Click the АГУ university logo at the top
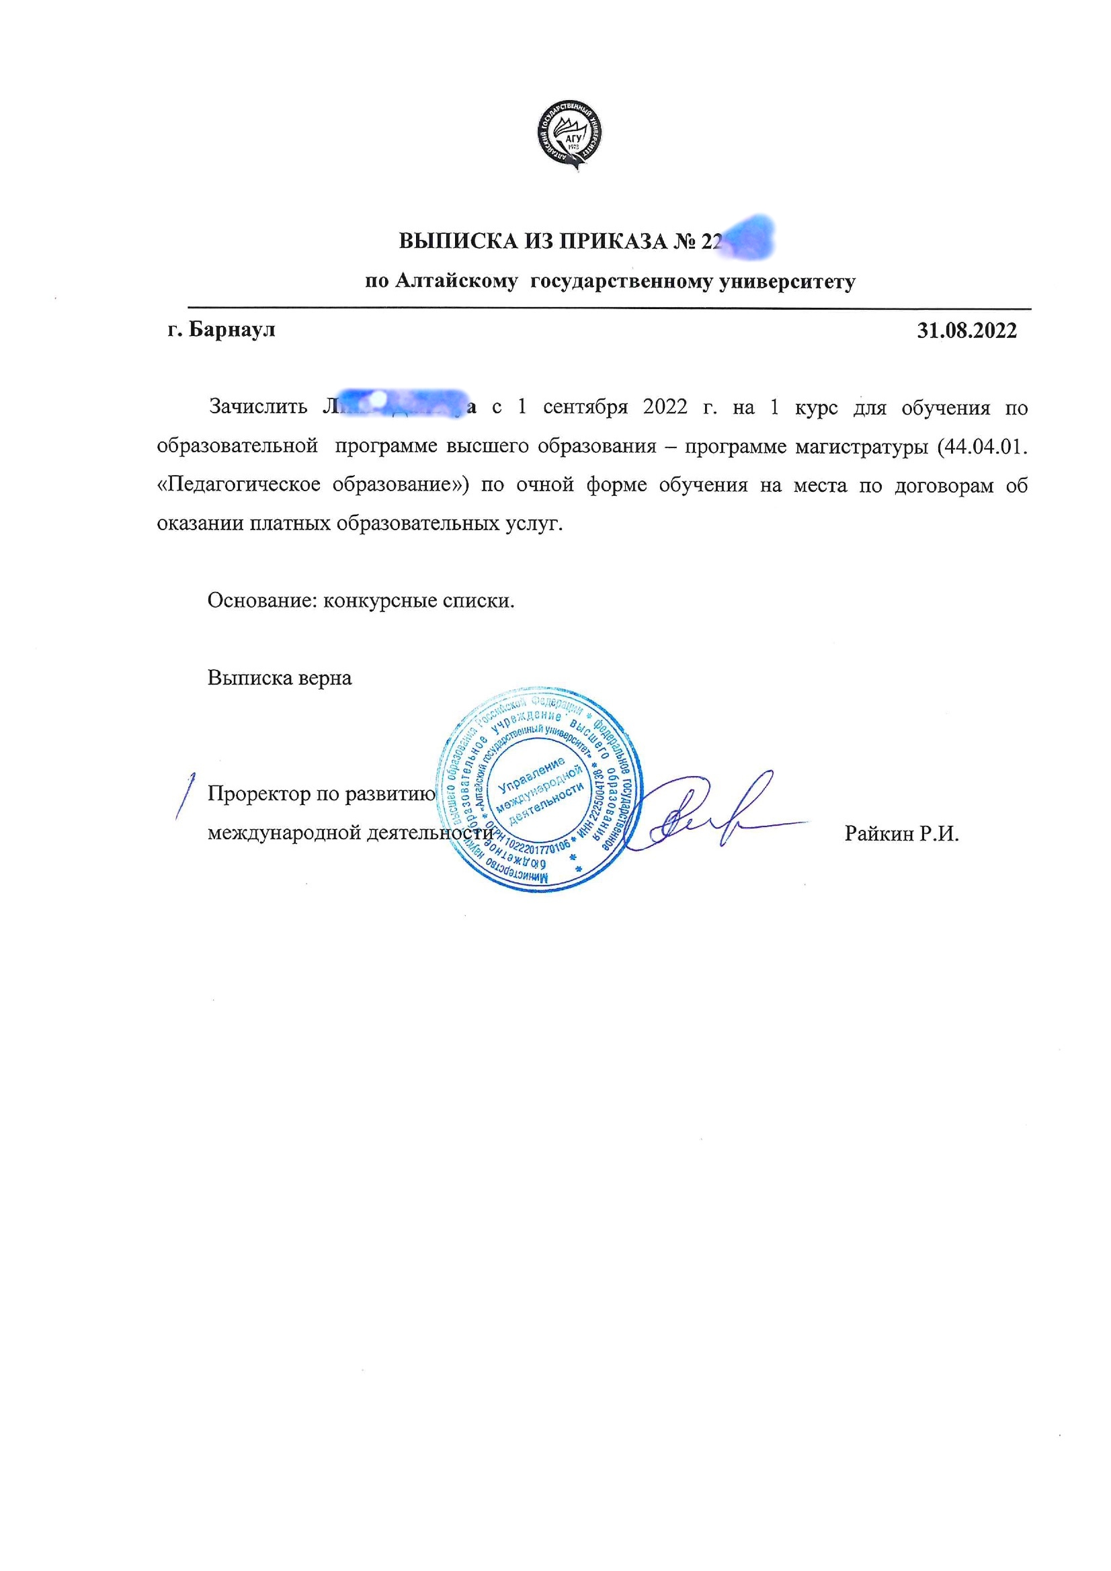569,136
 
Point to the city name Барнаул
231,330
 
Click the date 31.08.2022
966,331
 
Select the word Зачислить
258,407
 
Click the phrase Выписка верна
280,677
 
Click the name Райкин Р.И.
901,833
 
